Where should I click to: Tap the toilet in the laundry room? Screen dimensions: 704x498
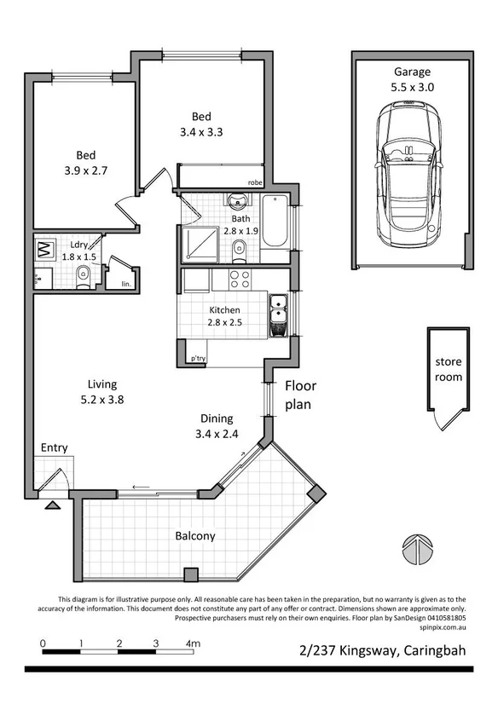coord(84,274)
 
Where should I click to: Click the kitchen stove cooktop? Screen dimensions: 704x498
coord(238,279)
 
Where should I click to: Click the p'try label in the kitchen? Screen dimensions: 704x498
coord(198,358)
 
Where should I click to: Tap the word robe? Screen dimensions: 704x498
coord(254,182)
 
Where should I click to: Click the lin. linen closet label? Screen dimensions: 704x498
coord(126,283)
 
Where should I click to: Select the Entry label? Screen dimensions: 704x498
coord(53,447)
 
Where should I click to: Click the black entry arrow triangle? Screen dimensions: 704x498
coord(53,505)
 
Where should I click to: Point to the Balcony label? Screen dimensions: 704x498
coord(195,536)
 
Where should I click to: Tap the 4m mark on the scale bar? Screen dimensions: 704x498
coord(194,643)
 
